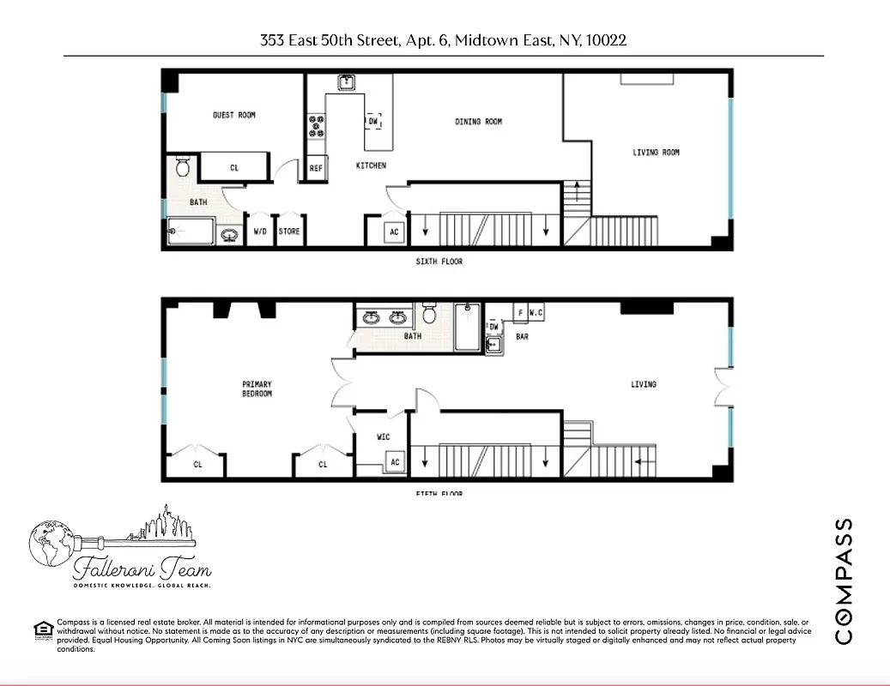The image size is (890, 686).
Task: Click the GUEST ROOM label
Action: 233,115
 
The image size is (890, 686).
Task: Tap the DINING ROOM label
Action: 478,122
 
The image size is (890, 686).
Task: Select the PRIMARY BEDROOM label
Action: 257,388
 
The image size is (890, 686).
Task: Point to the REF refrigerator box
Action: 316,169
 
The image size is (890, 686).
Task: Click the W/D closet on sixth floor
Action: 259,231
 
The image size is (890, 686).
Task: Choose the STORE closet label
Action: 289,231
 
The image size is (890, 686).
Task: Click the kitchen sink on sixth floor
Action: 347,82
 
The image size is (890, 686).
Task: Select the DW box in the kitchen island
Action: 372,122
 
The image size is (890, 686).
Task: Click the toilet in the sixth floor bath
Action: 183,165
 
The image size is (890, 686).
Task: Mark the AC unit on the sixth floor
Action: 394,232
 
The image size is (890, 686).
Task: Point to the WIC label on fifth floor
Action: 383,437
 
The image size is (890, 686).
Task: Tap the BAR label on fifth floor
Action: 522,337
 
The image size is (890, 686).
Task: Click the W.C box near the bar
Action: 536,313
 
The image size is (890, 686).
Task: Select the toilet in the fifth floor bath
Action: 431,315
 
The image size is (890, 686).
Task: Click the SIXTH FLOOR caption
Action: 439,262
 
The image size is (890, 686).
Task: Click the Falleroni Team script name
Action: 142,568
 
